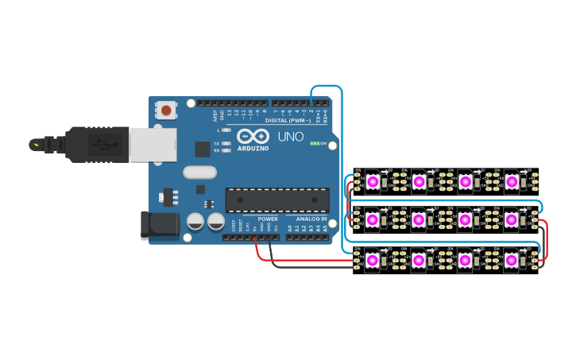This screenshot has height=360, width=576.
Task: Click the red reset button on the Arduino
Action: (165, 110)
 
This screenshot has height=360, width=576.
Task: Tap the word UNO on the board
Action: (290, 137)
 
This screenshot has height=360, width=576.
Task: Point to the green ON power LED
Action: (315, 144)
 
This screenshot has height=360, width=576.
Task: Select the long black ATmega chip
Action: (277, 200)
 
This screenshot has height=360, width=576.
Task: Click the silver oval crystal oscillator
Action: (199, 172)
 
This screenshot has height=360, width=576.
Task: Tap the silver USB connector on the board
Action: (153, 145)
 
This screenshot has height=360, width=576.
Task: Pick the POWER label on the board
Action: (268, 219)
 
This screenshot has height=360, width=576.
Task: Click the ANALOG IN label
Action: (311, 219)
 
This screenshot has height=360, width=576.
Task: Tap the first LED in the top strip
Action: (373, 182)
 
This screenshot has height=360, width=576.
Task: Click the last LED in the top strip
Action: (511, 182)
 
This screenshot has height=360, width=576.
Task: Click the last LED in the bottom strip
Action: (511, 260)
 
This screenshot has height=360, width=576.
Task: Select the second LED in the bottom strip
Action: (419, 260)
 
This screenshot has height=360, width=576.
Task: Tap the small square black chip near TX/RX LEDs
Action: (203, 149)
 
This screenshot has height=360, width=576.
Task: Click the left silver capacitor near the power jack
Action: (195, 221)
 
